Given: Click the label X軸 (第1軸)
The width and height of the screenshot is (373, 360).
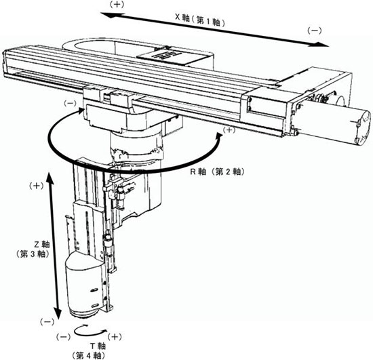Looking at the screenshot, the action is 200,21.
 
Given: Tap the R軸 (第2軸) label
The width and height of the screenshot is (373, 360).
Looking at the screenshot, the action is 217,172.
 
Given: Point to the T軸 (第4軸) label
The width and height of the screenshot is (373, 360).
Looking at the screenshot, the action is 90,351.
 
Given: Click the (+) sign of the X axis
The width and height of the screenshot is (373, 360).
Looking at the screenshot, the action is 117,5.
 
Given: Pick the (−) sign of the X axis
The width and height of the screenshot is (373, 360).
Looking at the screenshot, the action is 315,31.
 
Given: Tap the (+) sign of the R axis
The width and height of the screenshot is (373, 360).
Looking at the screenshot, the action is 229,129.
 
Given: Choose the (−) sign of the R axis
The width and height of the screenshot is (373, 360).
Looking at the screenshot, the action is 71,103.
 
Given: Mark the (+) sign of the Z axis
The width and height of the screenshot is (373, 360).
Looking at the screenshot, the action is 36,186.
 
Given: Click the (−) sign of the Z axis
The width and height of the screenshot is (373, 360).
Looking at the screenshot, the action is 47,322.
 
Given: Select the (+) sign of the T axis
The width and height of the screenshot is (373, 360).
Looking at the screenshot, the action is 115,337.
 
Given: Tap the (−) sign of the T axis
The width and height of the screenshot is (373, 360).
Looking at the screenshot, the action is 63,337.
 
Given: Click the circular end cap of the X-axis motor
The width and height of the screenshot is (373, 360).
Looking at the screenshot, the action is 363,127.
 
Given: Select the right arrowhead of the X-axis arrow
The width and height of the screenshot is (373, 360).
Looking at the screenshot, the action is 321,44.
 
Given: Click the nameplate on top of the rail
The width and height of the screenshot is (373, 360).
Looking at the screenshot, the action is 170,56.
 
